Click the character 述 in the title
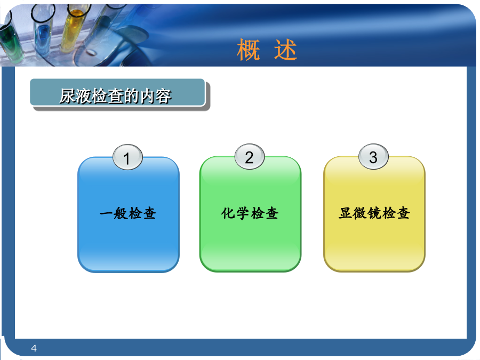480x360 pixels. [x=285, y=50]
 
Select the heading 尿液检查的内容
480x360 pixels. [x=115, y=96]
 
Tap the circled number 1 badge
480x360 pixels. [x=127, y=157]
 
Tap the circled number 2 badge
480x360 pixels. [x=250, y=156]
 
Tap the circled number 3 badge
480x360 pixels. [x=373, y=156]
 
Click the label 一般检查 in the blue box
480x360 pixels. [x=128, y=213]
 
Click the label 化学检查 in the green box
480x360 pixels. [x=250, y=213]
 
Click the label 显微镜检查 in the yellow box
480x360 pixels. [x=374, y=213]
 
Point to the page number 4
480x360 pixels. [x=34, y=348]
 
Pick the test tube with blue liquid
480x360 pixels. [x=43, y=30]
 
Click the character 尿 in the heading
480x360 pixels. [x=67, y=96]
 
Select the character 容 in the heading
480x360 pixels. [x=164, y=96]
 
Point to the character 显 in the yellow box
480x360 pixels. [x=345, y=213]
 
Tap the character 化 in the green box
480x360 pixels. [x=228, y=213]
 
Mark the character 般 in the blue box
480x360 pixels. [x=121, y=213]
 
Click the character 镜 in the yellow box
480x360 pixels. [x=374, y=213]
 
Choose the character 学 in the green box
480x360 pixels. [x=243, y=213]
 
